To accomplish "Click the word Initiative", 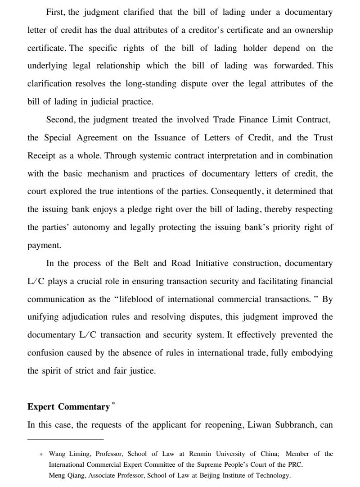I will [211, 263].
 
